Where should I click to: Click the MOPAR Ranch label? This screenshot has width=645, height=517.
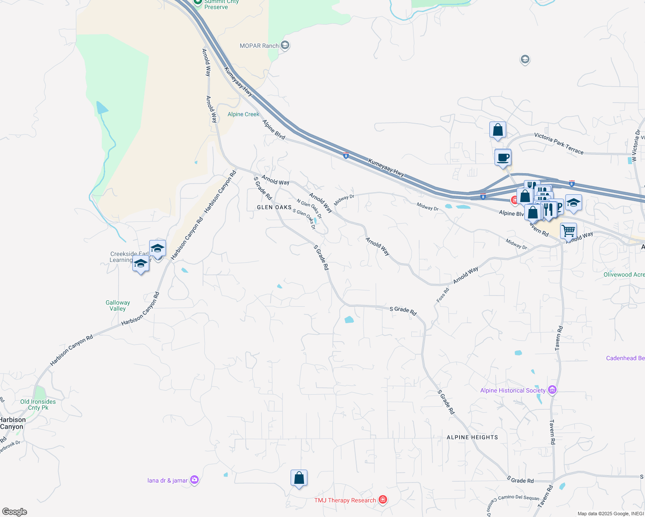tap(259, 46)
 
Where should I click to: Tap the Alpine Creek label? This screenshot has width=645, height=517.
tap(244, 114)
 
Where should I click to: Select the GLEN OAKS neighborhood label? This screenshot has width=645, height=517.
tap(274, 207)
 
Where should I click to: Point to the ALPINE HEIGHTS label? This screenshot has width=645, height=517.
tap(472, 437)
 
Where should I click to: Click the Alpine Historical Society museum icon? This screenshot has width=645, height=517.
tap(552, 390)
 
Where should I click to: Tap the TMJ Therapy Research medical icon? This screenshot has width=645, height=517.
tap(382, 500)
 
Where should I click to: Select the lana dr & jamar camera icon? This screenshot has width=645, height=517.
tap(194, 480)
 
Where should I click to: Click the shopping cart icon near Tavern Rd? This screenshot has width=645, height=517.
tap(568, 231)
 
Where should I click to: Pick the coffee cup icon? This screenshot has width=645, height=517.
tap(503, 157)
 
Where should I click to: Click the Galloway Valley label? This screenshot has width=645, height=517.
tap(118, 305)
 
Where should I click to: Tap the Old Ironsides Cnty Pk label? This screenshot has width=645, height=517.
tap(38, 405)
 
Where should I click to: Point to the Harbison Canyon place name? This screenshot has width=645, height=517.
tap(13, 423)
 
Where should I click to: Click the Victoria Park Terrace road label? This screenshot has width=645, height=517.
tap(559, 143)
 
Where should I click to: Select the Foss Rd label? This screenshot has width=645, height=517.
tap(443, 295)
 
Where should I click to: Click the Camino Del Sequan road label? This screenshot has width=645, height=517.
tap(518, 497)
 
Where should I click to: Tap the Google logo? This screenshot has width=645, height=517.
tap(15, 512)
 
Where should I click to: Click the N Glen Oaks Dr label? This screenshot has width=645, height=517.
tap(309, 209)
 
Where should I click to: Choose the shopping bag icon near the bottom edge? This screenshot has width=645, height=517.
tap(299, 478)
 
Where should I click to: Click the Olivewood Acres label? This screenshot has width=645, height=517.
tap(624, 274)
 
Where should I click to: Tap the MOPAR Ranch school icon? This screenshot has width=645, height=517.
tap(285, 45)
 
